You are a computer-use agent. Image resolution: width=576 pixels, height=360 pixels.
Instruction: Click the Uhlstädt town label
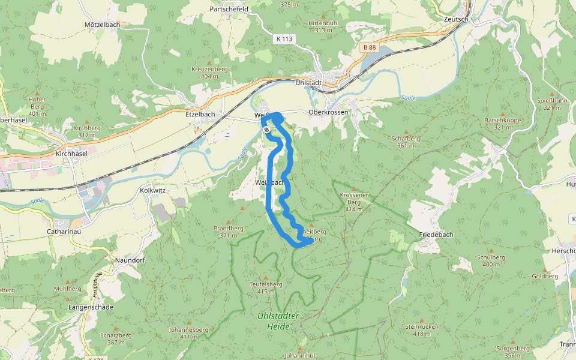[x=309, y=82]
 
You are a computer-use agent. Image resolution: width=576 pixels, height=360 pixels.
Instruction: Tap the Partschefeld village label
[x=229, y=10]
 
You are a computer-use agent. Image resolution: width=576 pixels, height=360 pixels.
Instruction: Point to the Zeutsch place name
[x=455, y=19]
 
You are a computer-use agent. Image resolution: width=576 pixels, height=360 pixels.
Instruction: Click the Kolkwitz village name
[x=152, y=190]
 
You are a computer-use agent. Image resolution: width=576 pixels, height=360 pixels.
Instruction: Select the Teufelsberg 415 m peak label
[x=265, y=288]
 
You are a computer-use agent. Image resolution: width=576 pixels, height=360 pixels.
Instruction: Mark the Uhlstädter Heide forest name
[x=278, y=321]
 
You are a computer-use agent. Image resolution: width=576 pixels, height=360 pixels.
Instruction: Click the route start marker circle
[x=266, y=130]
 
